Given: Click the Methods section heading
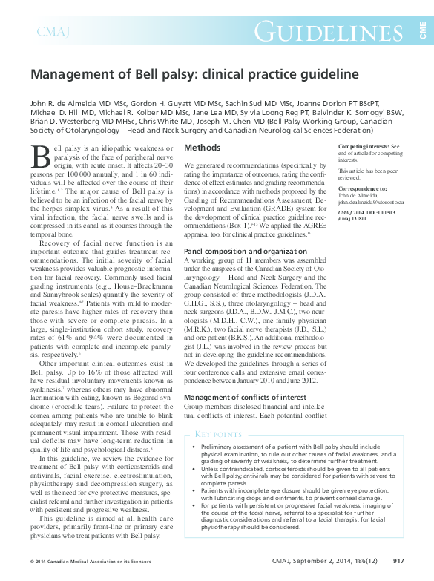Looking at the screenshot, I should click(202, 148).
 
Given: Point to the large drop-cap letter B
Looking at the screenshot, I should click(42, 155).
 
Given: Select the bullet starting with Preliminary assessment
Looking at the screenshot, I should click(304, 454).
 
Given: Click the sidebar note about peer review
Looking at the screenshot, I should click(369, 174).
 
